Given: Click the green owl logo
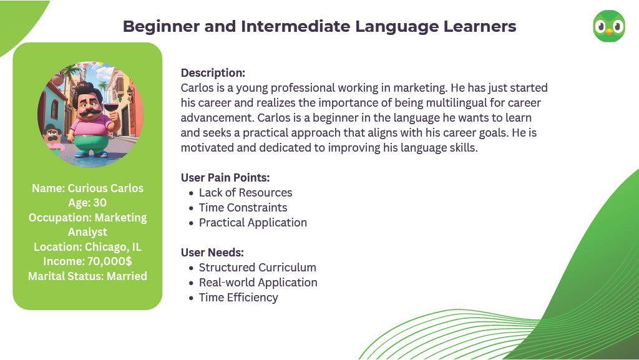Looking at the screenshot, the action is (x=609, y=26).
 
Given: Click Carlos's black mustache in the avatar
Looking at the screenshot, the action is (x=90, y=112).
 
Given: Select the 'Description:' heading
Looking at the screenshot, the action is (x=213, y=73).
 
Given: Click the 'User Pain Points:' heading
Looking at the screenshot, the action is (x=225, y=178).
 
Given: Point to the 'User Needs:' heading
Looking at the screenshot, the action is (x=212, y=253).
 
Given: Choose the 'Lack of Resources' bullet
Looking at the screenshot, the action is (x=245, y=193).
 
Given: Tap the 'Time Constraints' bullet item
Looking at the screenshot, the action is (x=243, y=208).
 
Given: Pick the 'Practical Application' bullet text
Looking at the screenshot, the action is (x=253, y=223).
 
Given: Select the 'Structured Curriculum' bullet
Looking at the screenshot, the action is (x=258, y=268).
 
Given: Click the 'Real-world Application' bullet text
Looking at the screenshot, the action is (x=258, y=283).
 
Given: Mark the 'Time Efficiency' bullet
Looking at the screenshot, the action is (x=238, y=298).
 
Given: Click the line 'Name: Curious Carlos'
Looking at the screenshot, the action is (x=87, y=188).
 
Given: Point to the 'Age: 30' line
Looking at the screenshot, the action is (x=87, y=203).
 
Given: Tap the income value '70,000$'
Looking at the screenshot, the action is (x=110, y=261).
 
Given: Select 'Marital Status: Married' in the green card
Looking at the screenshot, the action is (x=87, y=276).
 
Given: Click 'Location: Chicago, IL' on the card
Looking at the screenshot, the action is (x=87, y=247).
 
